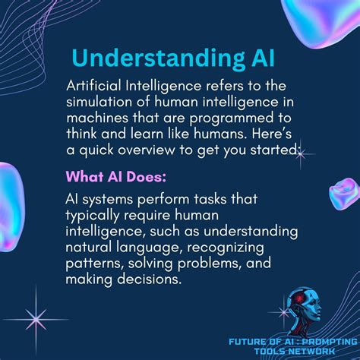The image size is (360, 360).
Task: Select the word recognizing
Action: coord(239,248)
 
